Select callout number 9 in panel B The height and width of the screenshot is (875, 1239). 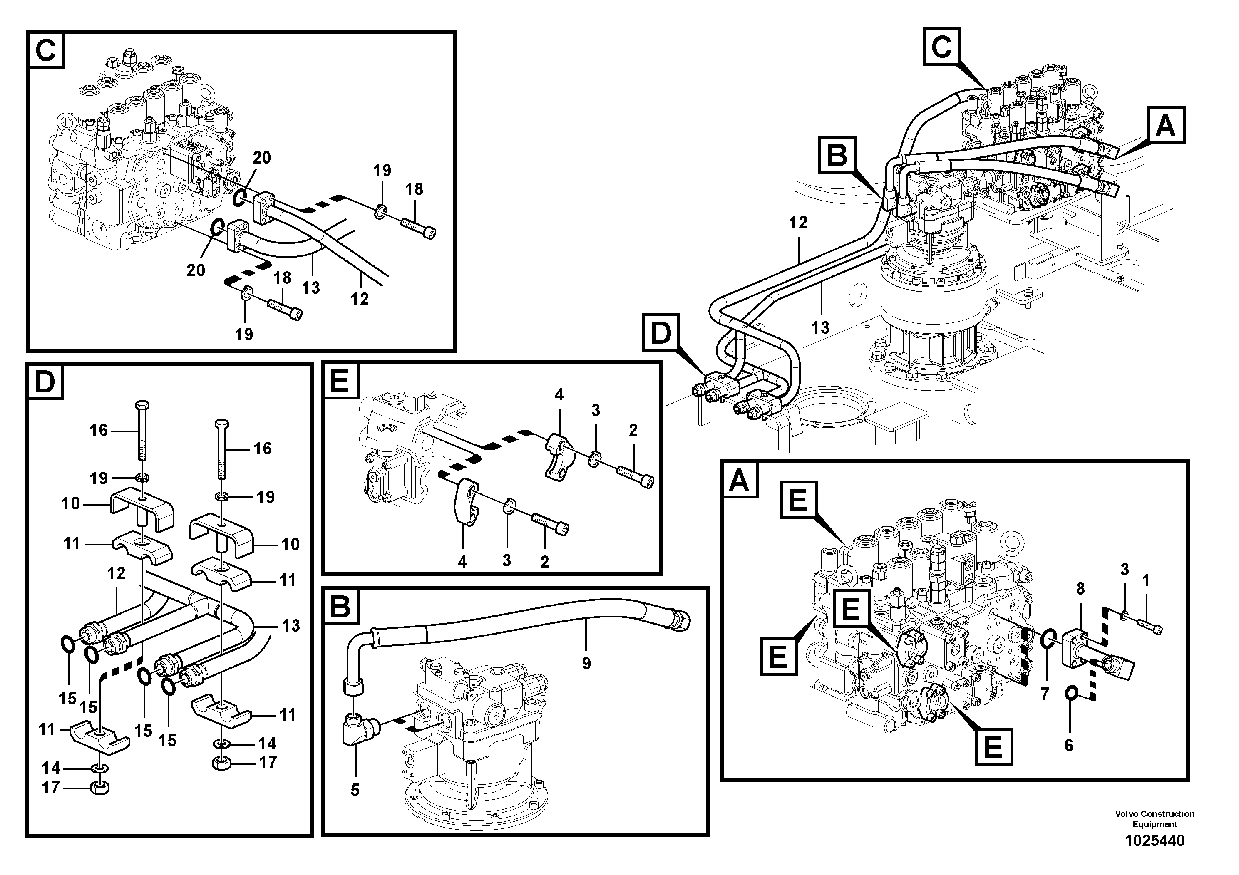586,663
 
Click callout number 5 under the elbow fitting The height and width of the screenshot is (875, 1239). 355,790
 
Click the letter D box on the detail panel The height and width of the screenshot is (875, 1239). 45,382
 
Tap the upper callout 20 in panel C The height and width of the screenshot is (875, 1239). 262,158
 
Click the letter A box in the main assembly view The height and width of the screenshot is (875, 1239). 1166,126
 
